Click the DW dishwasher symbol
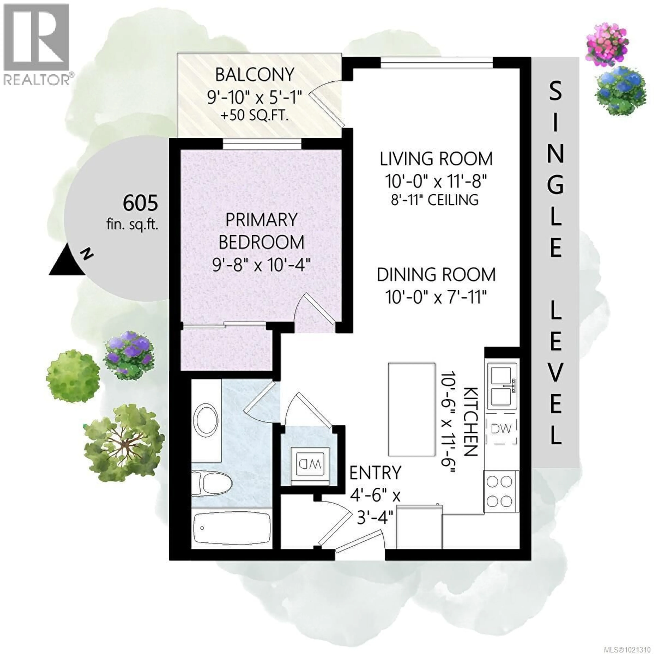(501, 429)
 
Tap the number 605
(140, 204)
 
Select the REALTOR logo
(36, 44)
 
